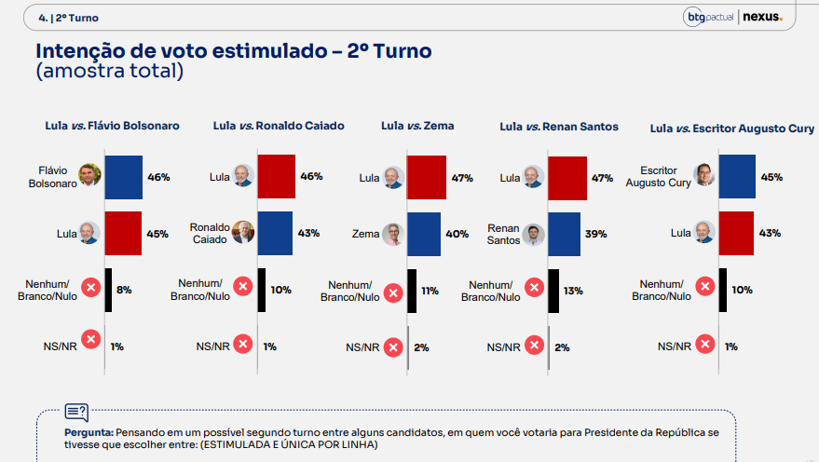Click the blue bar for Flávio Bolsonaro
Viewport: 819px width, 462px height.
123,177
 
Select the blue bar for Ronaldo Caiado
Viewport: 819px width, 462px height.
275,234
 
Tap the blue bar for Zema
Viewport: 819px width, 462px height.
424,234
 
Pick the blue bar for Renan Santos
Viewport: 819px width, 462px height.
564,234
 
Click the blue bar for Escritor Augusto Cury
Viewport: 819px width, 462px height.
737,176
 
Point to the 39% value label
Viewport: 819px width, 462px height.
596,234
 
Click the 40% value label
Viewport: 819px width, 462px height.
457,234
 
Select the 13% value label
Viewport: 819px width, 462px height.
573,291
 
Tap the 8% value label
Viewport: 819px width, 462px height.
124,290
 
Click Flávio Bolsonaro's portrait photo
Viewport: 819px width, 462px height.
89,175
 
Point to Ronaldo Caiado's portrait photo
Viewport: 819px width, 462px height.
243,232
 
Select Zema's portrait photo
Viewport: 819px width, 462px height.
393,235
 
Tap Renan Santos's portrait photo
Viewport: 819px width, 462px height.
533,235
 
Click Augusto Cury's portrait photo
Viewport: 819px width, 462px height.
704,175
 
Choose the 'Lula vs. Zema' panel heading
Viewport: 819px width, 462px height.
417,126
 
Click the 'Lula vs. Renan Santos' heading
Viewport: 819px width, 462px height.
559,127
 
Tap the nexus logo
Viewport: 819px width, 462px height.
762,17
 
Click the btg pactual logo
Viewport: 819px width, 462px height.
708,17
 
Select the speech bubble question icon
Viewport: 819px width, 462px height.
76,413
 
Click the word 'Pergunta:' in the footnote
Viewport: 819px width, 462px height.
89,433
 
